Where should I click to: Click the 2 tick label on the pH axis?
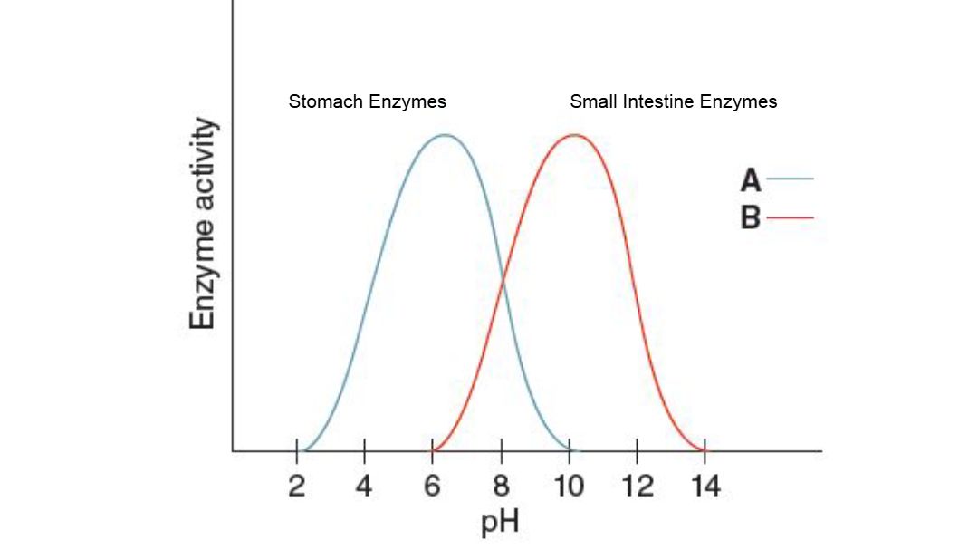297,487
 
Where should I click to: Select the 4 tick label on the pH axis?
364,487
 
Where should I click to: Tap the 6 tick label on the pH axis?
433,487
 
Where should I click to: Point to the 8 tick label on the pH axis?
501,487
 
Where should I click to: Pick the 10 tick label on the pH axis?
568,487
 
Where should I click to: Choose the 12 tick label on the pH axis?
638,487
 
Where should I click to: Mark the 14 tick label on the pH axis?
705,487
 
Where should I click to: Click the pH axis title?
501,523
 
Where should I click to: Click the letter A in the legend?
751,179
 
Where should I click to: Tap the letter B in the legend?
751,218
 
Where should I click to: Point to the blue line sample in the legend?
791,179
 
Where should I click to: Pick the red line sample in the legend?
791,218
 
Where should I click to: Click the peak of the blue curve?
445,135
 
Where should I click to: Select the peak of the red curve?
574,135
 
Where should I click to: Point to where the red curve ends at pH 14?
705,449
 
